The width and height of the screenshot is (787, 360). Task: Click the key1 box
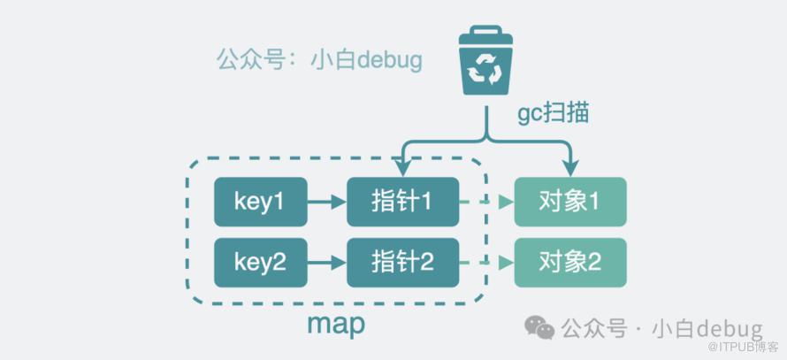click(261, 202)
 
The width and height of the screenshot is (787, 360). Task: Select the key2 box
click(261, 263)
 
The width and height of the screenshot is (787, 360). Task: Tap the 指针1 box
click(402, 202)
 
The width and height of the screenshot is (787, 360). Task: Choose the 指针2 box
click(402, 263)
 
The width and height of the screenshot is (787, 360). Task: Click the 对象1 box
click(570, 202)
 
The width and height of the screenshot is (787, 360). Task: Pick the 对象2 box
click(570, 263)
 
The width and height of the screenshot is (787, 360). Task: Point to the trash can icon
click(485, 60)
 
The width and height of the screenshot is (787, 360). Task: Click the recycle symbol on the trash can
click(485, 69)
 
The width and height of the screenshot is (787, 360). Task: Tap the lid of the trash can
click(485, 34)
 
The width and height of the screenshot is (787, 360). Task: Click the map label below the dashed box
click(336, 326)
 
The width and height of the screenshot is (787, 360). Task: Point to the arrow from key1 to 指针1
click(327, 202)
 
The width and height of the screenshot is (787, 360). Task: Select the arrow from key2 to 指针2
click(327, 263)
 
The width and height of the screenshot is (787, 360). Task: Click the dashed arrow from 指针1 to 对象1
click(486, 202)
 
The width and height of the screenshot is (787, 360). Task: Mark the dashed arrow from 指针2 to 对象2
click(486, 263)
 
